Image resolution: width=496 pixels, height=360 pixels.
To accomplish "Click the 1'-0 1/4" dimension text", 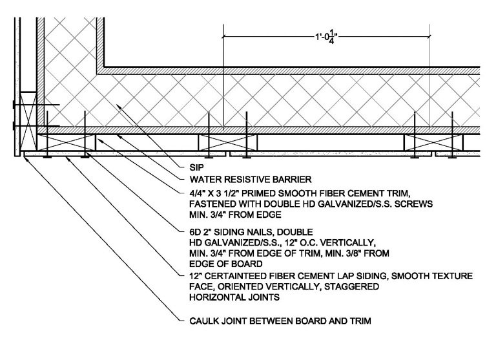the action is pyautogui.click(x=326, y=37).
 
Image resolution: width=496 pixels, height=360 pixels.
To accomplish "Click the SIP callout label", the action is pyautogui.click(x=197, y=167).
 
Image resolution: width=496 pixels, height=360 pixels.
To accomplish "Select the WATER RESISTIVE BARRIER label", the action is pyautogui.click(x=251, y=180).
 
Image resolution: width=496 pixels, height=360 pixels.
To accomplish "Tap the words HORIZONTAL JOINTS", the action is pyautogui.click(x=234, y=297).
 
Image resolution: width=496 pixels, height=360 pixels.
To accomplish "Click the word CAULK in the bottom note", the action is pyautogui.click(x=204, y=321).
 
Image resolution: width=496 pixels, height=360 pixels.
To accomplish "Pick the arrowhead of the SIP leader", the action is pyautogui.click(x=118, y=107).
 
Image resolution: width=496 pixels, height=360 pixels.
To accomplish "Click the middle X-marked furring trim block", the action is pyautogui.click(x=228, y=142).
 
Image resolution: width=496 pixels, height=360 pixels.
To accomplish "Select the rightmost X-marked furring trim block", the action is pyautogui.click(x=434, y=142).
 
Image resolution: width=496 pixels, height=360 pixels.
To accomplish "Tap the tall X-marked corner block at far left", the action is pyautogui.click(x=28, y=121).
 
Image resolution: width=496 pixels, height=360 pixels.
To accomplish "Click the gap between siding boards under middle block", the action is pyautogui.click(x=228, y=154).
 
